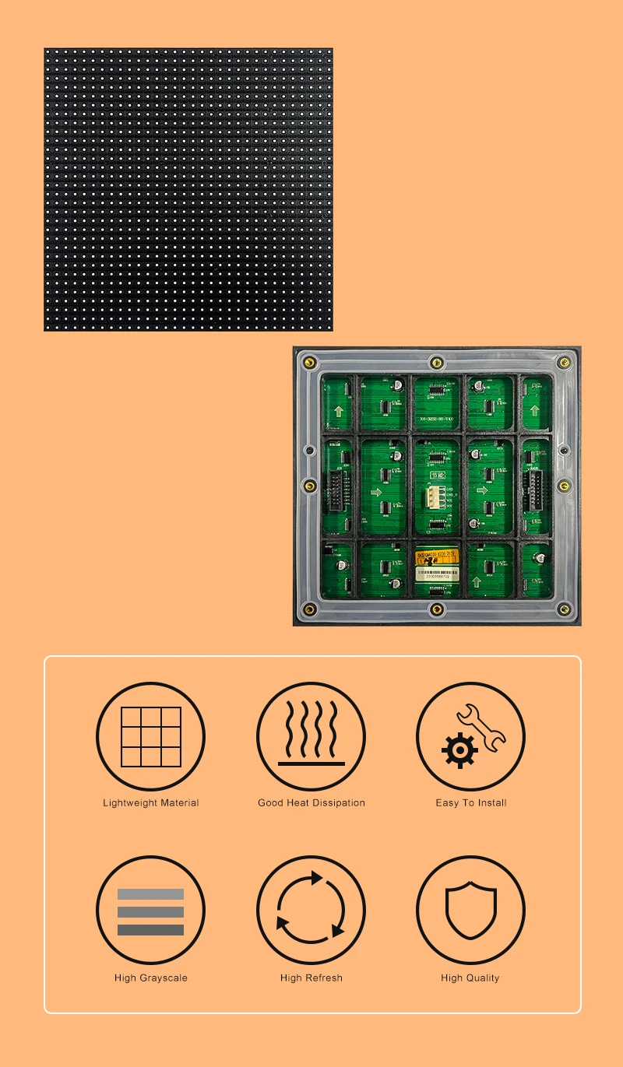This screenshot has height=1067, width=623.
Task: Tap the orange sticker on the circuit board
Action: tap(437, 558)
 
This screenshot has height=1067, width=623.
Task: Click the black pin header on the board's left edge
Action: tap(336, 491)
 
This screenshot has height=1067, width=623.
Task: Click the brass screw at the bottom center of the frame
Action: tap(437, 609)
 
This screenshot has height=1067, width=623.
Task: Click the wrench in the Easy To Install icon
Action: tap(480, 726)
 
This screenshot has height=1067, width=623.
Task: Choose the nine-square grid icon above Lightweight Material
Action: tap(151, 736)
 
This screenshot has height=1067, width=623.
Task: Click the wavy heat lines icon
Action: tap(311, 732)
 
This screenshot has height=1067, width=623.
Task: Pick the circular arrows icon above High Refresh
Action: tap(311, 910)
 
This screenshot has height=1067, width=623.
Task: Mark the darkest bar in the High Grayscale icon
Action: tap(150, 929)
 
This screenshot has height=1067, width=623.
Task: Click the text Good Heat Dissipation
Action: tap(311, 802)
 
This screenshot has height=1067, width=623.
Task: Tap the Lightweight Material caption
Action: tap(151, 802)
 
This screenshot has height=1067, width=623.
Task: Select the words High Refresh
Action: tap(311, 977)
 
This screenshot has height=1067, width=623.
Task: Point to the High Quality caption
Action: tap(470, 977)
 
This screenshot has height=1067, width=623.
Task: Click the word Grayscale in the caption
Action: tap(164, 977)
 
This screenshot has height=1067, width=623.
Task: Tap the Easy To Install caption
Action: tap(471, 802)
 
